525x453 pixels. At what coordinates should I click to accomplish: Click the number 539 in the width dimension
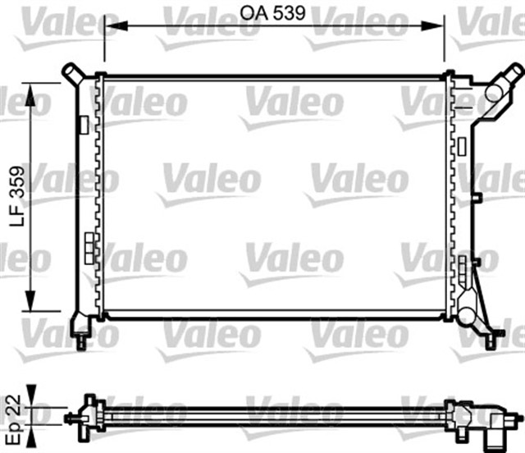click(291, 13)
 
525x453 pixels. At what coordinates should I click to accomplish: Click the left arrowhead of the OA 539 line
click(111, 27)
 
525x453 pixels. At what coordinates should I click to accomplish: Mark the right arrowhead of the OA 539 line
click(438, 27)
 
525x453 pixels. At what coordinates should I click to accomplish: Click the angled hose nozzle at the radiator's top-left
click(72, 71)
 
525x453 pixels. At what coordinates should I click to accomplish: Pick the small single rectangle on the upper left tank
click(84, 124)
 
